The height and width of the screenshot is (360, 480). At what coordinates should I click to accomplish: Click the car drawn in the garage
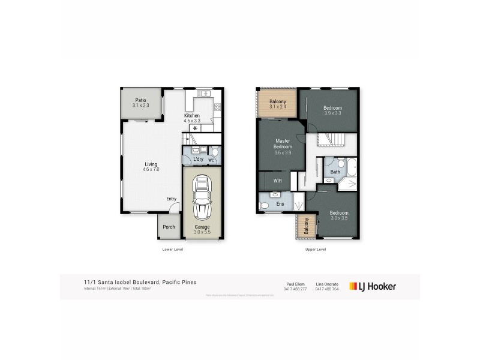[x=202, y=198]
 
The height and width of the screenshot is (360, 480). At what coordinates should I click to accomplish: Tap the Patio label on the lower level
[x=140, y=103]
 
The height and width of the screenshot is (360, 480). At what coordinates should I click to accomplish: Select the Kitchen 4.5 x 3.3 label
[x=192, y=118]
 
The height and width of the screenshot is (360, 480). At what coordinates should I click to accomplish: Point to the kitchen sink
[x=204, y=94]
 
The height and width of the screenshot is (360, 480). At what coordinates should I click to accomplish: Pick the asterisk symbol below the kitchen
[x=195, y=128]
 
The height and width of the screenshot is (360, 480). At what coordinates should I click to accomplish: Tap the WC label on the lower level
[x=211, y=160]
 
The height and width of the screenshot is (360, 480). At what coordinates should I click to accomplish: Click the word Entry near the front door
[x=172, y=199]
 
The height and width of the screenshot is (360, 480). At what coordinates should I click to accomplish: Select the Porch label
[x=169, y=227]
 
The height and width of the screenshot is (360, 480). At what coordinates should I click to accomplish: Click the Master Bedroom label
[x=283, y=146]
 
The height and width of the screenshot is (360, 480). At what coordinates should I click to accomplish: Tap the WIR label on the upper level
[x=278, y=180]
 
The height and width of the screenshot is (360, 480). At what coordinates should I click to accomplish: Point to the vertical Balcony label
[x=306, y=227]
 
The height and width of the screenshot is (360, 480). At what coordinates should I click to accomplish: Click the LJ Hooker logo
[x=372, y=286]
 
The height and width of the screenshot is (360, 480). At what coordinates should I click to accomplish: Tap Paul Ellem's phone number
[x=295, y=290]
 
